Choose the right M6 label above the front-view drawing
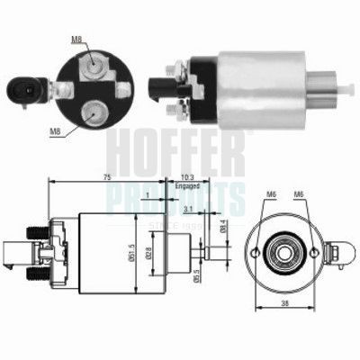301,193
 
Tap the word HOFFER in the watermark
180,148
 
